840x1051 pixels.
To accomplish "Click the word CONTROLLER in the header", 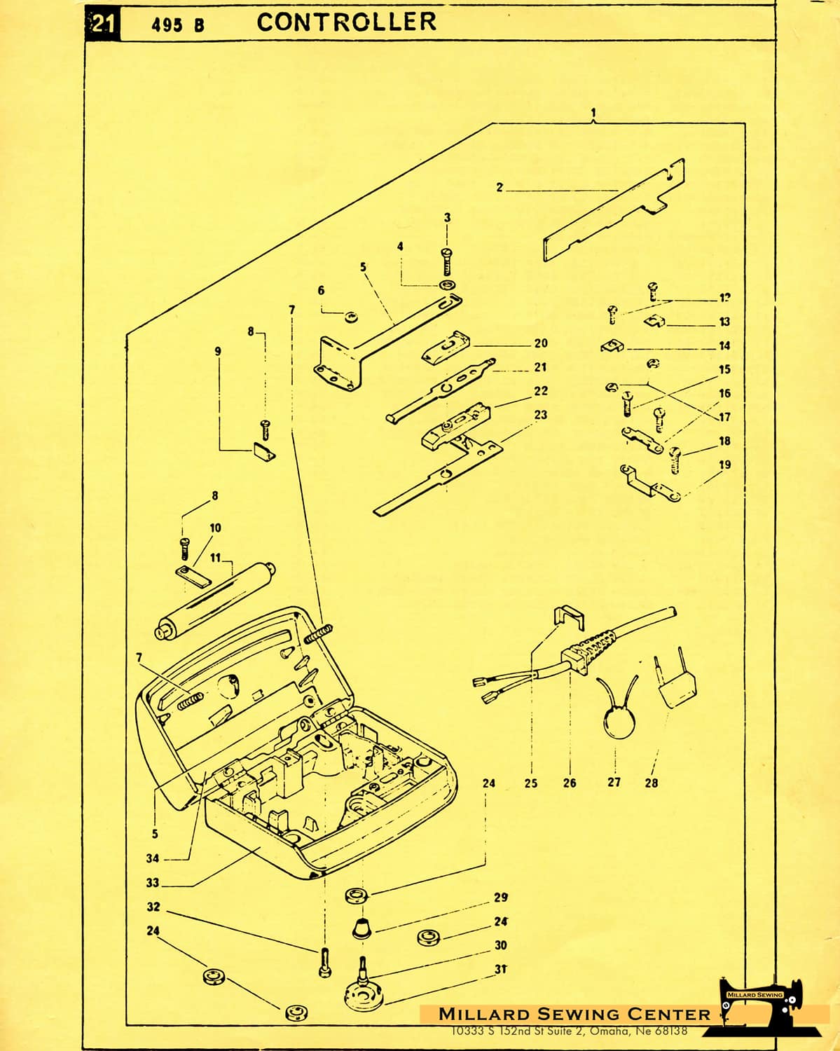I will (346, 22).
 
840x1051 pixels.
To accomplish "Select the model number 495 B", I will (178, 25).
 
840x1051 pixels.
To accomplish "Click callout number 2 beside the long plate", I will (500, 187).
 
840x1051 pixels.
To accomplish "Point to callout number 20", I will (540, 343).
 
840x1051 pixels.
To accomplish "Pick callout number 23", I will (540, 415).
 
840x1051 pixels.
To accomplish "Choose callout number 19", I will (724, 465).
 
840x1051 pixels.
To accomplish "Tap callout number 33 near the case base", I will (153, 883).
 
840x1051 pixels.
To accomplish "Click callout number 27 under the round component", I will (614, 782).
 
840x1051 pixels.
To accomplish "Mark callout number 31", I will (501, 969).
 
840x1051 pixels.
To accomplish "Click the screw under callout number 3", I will (448, 261).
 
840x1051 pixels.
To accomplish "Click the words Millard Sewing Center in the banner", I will (574, 1014).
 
